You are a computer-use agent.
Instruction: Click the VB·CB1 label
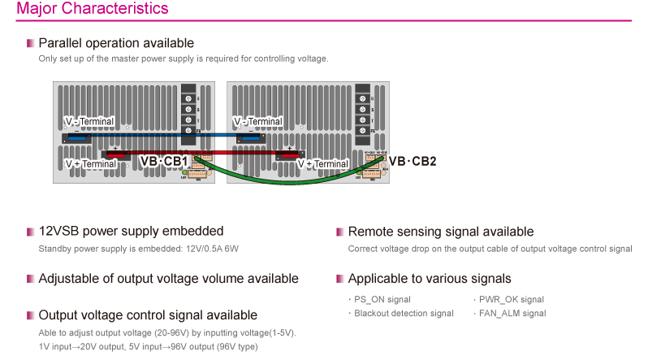click(164, 162)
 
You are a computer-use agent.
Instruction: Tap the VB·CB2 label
click(412, 162)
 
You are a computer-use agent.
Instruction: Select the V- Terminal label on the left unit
click(89, 122)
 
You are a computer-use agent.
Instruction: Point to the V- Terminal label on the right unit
click(257, 122)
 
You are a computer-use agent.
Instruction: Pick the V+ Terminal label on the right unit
click(322, 163)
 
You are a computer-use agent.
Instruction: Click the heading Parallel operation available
click(116, 42)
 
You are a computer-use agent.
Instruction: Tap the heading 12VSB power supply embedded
click(131, 232)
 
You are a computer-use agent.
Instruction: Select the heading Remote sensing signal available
click(440, 232)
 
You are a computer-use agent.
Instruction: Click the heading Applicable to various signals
click(430, 279)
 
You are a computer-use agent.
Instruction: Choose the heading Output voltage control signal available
click(148, 315)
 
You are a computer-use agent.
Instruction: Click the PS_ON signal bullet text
click(382, 300)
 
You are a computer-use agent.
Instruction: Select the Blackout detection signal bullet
click(404, 313)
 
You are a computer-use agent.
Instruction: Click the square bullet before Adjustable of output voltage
click(30, 279)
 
